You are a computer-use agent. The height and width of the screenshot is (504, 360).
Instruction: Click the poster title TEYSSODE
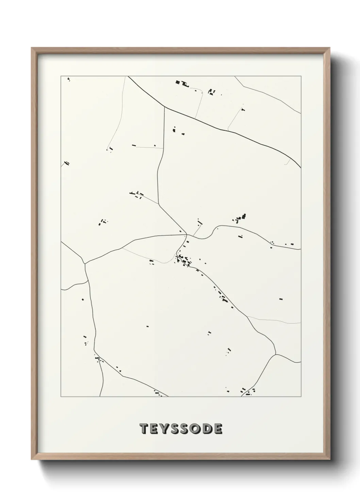pyautogui.click(x=181, y=429)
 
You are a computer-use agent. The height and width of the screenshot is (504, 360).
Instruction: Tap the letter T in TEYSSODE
pyautogui.click(x=143, y=429)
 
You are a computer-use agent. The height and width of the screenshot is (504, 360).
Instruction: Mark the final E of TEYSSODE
pyautogui.click(x=218, y=429)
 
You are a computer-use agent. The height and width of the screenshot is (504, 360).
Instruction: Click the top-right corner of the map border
pyautogui.click(x=301, y=76)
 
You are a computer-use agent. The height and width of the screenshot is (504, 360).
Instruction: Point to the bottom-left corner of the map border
pyautogui.click(x=61, y=397)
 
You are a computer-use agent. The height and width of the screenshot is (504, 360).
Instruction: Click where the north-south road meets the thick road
pyautogui.click(x=165, y=107)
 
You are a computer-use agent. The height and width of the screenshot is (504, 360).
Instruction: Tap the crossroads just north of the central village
pyautogui.click(x=186, y=234)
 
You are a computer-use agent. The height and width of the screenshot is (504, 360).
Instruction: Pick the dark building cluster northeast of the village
pyautogui.click(x=241, y=218)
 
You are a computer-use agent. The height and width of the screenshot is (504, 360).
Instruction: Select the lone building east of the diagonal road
pyautogui.click(x=281, y=299)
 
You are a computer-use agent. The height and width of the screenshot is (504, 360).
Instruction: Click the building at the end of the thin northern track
pyautogui.click(x=243, y=110)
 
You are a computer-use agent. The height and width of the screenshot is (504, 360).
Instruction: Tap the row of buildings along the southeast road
pyautogui.click(x=223, y=299)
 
